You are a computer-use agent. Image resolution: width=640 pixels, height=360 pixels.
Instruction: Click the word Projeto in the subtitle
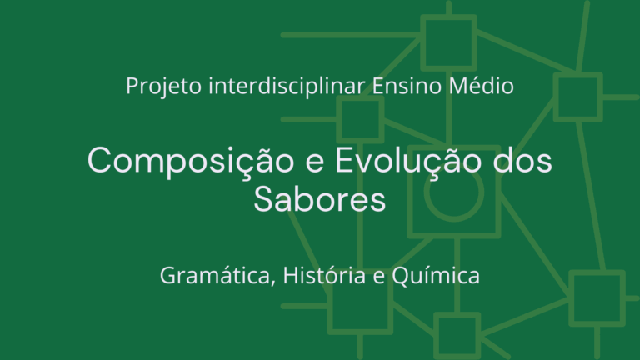(x=163, y=87)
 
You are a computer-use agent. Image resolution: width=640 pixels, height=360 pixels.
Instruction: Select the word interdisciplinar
(x=287, y=86)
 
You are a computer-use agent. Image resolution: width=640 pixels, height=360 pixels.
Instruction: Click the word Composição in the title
(x=191, y=161)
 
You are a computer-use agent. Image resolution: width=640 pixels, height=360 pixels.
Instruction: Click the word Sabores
(x=320, y=199)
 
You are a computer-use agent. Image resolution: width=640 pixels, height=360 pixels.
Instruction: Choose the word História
(x=324, y=275)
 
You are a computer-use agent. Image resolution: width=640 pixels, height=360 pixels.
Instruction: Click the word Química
(x=436, y=276)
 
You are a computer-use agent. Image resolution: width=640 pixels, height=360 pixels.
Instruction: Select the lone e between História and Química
(x=379, y=277)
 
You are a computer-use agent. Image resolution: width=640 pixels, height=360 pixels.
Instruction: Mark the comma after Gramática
(x=273, y=282)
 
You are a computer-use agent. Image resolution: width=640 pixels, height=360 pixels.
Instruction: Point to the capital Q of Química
(x=402, y=277)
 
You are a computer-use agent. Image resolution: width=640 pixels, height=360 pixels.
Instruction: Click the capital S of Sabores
(x=263, y=199)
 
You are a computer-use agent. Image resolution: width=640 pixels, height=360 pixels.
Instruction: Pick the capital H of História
(x=292, y=276)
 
